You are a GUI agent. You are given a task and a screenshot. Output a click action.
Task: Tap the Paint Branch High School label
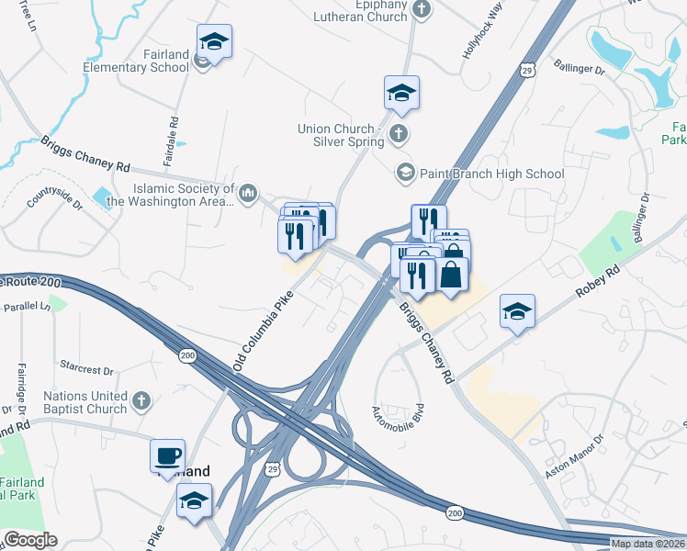pyautogui.click(x=491, y=173)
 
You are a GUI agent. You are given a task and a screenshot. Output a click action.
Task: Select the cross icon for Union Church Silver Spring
pyautogui.click(x=398, y=134)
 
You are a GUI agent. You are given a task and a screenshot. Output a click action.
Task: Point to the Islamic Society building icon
pyautogui.click(x=248, y=194)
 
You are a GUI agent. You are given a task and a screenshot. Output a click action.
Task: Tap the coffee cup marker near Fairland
pyautogui.click(x=168, y=456)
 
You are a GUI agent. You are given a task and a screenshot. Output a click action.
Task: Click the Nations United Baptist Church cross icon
pyautogui.click(x=141, y=399)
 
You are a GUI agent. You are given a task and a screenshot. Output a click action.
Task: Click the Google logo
pyautogui.click(x=30, y=540)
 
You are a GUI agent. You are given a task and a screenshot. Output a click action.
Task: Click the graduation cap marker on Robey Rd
pyautogui.click(x=518, y=312)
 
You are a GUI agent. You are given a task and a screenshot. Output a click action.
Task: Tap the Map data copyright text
pyautogui.click(x=648, y=544)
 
